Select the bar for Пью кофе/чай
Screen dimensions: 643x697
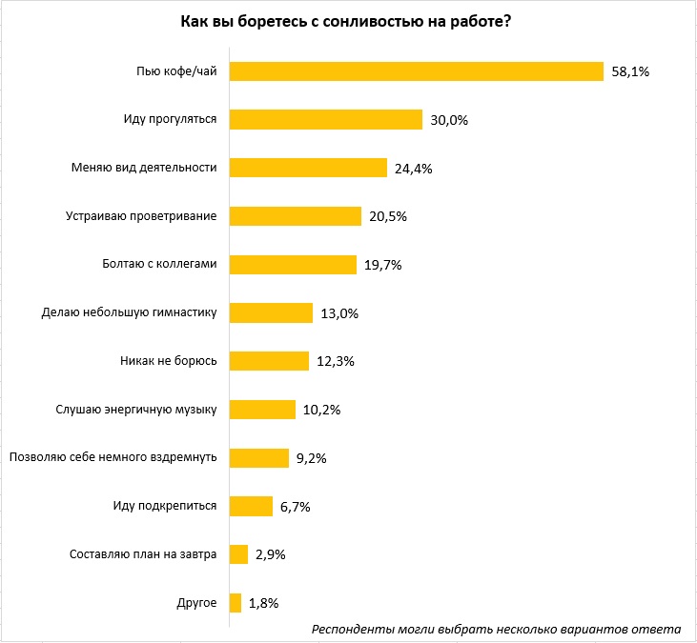[x=417, y=71]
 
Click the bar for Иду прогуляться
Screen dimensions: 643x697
[x=326, y=120]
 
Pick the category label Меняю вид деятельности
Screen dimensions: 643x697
[x=145, y=168]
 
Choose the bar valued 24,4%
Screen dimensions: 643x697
[x=308, y=168]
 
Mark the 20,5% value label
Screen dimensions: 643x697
[x=388, y=217]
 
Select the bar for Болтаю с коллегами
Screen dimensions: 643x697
[x=293, y=265]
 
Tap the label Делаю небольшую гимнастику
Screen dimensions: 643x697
[x=130, y=312]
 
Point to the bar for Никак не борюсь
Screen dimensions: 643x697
[x=270, y=361]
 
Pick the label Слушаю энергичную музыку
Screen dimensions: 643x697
[x=137, y=410]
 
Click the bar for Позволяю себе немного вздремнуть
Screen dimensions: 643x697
[x=259, y=457]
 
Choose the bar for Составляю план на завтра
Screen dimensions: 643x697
[x=239, y=554]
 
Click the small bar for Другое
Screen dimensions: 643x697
[x=236, y=602]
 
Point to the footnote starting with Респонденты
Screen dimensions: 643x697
[x=496, y=629]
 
